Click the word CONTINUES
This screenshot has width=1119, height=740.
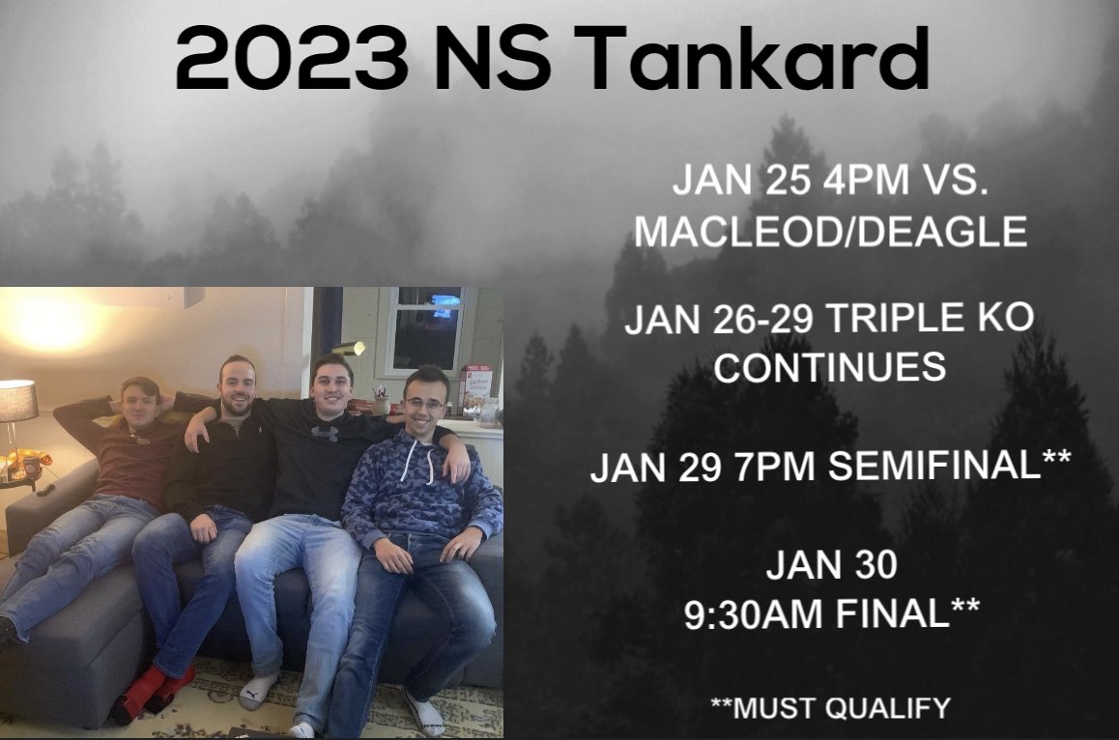[830, 367]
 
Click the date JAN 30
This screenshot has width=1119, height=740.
[831, 566]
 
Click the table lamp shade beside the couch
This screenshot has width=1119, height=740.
[16, 400]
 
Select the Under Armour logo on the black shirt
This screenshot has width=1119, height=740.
[325, 434]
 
